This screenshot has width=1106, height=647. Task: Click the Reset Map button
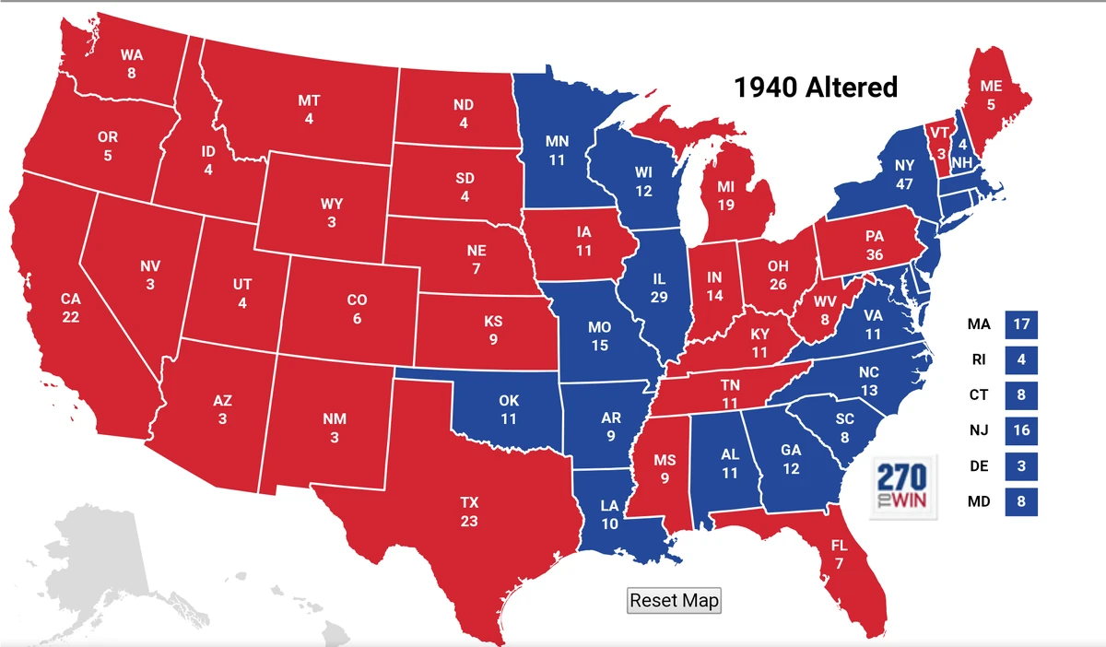(674, 601)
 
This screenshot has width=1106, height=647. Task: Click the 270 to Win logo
(903, 485)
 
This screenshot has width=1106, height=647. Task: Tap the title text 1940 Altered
(815, 88)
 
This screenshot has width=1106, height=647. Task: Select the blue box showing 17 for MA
(1020, 324)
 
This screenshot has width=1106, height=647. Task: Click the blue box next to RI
(1020, 359)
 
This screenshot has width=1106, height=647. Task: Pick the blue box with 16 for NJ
(1020, 430)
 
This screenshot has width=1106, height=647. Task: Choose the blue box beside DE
(1020, 466)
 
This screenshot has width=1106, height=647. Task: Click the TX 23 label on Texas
(470, 512)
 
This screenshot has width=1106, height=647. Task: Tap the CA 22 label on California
(71, 308)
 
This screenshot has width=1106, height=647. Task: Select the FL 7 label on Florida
(840, 554)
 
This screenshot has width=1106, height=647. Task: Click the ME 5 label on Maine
(991, 95)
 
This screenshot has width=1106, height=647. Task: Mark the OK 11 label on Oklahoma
(509, 409)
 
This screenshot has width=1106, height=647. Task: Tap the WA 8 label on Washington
(132, 64)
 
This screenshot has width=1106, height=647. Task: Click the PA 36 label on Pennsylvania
(875, 246)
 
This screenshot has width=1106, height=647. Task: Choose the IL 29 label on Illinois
(658, 287)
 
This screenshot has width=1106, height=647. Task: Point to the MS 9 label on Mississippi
(665, 468)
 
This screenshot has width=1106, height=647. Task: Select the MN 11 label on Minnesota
(557, 150)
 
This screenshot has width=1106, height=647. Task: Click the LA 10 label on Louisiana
(610, 515)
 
